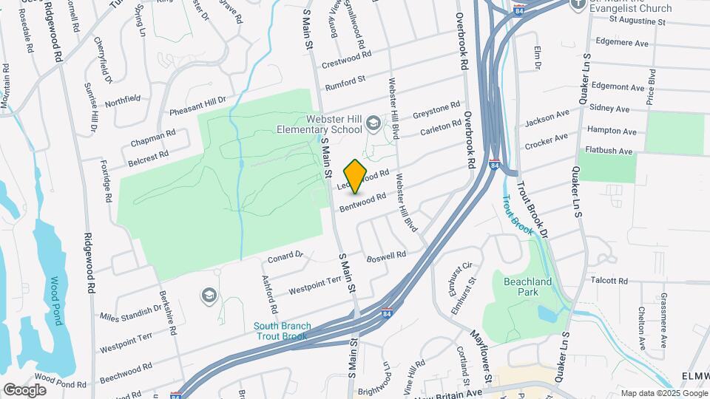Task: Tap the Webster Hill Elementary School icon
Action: point(374,123)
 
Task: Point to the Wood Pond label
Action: point(54,301)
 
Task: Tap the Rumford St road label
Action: point(345,80)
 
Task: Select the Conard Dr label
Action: point(285,257)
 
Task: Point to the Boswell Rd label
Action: point(387,256)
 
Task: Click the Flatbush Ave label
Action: point(609,151)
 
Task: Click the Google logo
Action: point(24,389)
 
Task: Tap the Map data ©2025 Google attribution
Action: point(663,393)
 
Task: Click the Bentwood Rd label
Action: point(363,202)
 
